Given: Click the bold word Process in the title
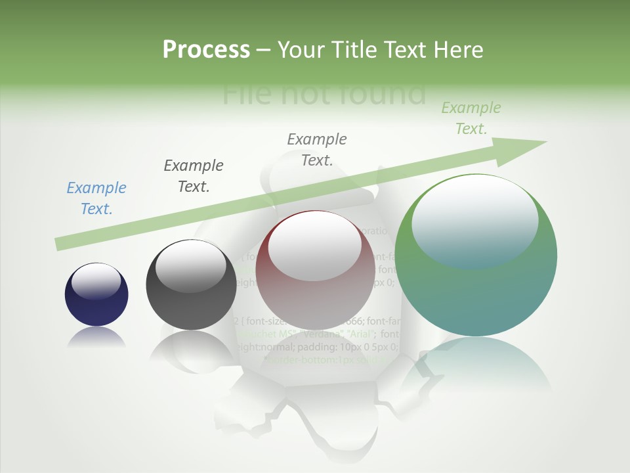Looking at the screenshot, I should (x=206, y=50).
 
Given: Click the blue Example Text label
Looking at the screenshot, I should (x=96, y=198).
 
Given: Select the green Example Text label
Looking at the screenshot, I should (x=471, y=118).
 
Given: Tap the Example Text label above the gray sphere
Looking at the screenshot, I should (x=194, y=175).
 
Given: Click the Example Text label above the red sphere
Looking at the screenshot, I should (x=317, y=149).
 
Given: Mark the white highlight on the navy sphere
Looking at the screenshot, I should (x=96, y=281).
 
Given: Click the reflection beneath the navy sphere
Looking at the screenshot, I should (x=96, y=338).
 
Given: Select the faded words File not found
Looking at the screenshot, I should (x=324, y=94).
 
